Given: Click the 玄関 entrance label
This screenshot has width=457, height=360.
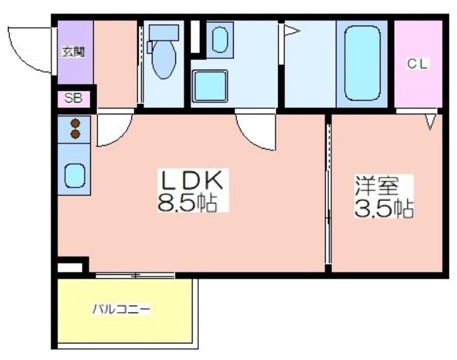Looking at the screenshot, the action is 74,52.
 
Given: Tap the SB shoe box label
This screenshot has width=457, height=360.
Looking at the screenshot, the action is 73,98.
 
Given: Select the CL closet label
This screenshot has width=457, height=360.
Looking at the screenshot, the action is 418,64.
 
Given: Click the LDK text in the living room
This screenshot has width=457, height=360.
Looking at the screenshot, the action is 191,180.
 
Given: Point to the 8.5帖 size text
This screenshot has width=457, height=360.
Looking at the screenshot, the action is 187,202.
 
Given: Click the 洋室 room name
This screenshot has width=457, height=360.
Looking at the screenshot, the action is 376,186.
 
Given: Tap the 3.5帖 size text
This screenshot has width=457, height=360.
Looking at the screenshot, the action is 384,208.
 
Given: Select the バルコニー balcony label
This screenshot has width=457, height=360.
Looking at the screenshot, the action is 122,309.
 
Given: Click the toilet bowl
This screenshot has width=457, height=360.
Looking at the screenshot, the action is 164,60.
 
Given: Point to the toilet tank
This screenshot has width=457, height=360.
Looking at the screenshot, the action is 164,33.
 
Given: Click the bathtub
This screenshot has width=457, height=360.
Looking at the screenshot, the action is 362,63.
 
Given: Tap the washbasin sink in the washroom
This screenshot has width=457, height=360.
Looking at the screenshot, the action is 220,39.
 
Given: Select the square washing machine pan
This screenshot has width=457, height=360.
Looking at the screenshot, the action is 210,86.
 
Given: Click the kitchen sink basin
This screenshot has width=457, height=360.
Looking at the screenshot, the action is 75,176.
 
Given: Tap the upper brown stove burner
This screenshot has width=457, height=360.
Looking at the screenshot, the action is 75,123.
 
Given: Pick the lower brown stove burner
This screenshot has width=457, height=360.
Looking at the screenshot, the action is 75,134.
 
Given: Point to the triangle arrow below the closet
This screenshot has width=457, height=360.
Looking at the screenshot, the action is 431,122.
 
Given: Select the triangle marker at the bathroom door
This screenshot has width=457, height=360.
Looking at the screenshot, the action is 291,30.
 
